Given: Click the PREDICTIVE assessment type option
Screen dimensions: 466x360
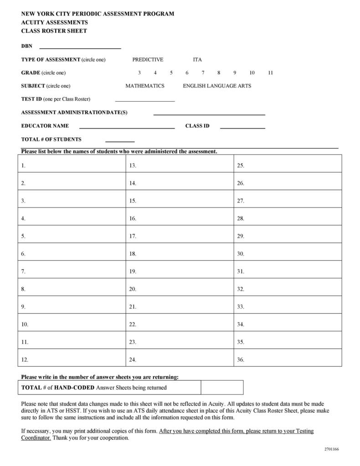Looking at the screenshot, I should (148, 60).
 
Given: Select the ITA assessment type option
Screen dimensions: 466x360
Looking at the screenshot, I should (197, 60).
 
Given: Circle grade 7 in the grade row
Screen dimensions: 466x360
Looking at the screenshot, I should (203, 73).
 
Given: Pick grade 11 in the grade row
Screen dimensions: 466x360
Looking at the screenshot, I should (270, 73).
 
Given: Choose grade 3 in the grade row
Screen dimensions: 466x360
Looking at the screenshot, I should (139, 73).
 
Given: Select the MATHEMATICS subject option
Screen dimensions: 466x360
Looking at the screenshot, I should (145, 86).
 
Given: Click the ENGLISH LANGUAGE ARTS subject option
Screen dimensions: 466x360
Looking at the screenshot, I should (217, 86).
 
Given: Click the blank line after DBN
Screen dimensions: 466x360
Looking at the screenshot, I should (80, 47).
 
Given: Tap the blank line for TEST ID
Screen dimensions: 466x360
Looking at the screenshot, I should (145, 100).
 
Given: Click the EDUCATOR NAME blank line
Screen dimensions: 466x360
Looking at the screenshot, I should (127, 127).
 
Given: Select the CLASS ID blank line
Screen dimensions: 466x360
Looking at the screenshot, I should (242, 127).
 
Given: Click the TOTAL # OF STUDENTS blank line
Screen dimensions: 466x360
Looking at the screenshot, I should (120, 140).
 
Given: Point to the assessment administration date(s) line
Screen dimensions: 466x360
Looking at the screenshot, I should (209, 114).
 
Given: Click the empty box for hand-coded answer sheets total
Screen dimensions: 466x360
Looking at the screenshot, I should (222, 388).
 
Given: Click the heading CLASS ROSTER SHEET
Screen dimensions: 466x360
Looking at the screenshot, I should (54, 31).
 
